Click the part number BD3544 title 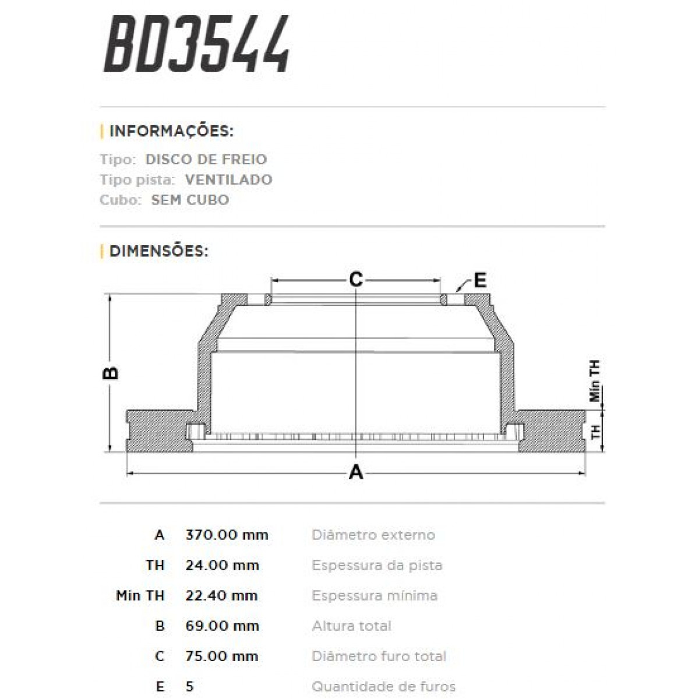click(x=197, y=45)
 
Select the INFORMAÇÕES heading click(x=171, y=131)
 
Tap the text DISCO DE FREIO click(x=206, y=159)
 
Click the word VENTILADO click(x=228, y=179)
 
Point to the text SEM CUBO click(x=190, y=200)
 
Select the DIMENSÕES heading click(x=158, y=251)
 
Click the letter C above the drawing click(x=356, y=280)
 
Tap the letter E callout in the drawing click(x=480, y=280)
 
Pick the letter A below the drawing click(x=356, y=472)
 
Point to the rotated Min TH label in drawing click(x=595, y=381)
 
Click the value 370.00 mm click(x=227, y=535)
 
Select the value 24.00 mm click(x=222, y=565)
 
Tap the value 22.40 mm click(x=221, y=595)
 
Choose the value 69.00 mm click(x=222, y=626)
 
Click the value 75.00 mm click(x=221, y=656)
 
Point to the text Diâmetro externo click(x=373, y=535)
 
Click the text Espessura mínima click(x=375, y=595)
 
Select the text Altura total click(x=352, y=626)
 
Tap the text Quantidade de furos click(x=384, y=686)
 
